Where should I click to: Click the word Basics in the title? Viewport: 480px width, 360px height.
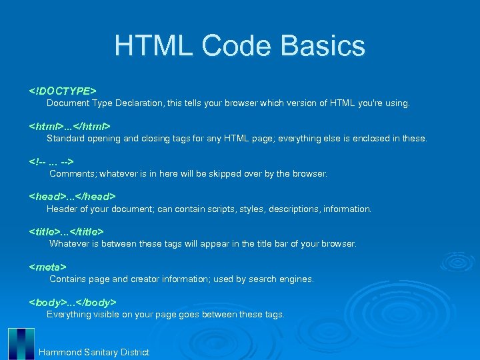tap(323, 46)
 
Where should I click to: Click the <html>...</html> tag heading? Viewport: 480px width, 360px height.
tap(69, 126)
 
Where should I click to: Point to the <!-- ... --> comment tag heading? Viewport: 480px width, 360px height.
tap(51, 161)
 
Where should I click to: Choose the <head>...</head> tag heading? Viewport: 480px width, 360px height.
tap(72, 197)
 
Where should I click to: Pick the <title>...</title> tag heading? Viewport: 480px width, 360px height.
tap(66, 231)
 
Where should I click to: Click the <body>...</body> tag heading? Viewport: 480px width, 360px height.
tap(73, 302)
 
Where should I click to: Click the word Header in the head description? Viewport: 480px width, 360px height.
tap(62, 209)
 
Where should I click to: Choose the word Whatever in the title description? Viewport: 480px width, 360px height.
tap(70, 244)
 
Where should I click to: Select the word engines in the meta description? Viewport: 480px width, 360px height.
tap(297, 279)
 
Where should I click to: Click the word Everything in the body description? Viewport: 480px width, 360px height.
tap(69, 314)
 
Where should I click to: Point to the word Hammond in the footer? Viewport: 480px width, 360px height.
tap(60, 352)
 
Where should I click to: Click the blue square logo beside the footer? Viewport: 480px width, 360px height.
tap(21, 343)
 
